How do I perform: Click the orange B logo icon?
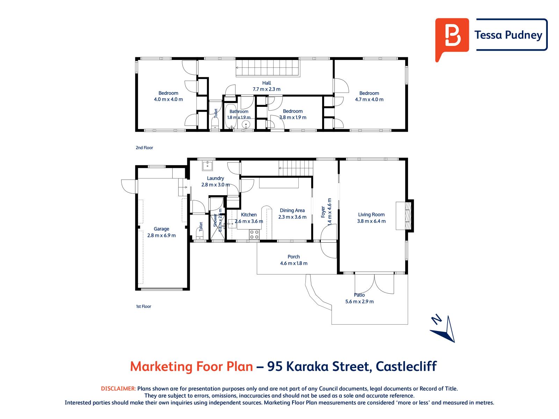pos(451,38)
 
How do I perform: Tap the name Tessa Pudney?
pos(508,35)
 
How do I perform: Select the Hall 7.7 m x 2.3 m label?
pos(266,86)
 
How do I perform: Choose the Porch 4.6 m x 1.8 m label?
pos(293,260)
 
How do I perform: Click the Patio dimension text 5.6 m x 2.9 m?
pos(360,301)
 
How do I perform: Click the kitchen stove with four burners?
pos(254,234)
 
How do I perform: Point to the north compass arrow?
pos(443,329)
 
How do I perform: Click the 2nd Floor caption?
pos(144,148)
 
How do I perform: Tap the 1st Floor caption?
pos(143,306)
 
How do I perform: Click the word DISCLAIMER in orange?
pos(118,389)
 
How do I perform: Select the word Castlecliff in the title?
pos(406,366)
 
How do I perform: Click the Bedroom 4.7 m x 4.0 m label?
pos(369,96)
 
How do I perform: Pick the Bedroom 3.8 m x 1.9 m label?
pos(293,114)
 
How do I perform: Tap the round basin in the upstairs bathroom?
pos(246,125)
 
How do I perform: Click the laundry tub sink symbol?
pos(208,166)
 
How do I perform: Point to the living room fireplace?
pos(405,216)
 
